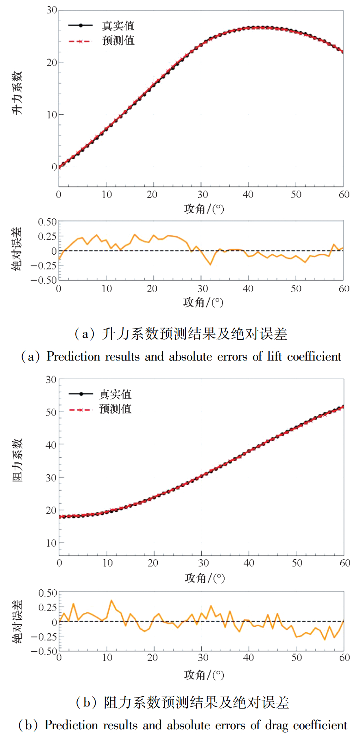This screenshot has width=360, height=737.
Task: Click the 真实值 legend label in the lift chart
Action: pos(118,26)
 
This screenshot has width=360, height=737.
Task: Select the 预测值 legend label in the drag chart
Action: pos(115,409)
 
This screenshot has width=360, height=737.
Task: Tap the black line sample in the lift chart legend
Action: pos(80,26)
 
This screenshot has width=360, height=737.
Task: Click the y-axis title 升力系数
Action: pos(17,93)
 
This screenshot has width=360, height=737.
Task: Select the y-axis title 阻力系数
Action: pos(17,460)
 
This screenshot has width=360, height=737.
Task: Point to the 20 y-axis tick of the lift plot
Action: pos(52,62)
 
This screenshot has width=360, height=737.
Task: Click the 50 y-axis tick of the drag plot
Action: pos(51,412)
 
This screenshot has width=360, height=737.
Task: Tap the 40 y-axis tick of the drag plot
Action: pos(51,445)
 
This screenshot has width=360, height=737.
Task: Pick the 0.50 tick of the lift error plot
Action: pos(47,222)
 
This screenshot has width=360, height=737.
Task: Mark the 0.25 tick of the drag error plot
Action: pos(48,607)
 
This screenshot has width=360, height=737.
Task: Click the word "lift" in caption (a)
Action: pos(275,356)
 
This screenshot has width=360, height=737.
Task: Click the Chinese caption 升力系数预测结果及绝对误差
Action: pos(194,334)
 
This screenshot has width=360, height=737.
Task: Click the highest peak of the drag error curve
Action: pos(111,600)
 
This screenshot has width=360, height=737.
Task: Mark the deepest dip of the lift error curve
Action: pos(211,265)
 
